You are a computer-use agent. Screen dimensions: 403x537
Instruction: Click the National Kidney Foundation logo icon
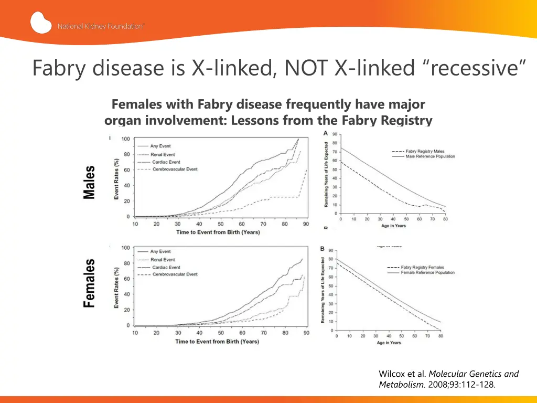click(x=41, y=23)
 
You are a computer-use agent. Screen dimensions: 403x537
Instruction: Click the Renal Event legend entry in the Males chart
click(x=163, y=154)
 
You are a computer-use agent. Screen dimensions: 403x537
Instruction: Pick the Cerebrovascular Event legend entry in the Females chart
click(x=175, y=274)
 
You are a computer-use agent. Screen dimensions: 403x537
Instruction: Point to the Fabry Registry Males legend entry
click(x=425, y=151)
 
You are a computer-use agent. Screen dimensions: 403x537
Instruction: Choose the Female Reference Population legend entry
click(x=428, y=273)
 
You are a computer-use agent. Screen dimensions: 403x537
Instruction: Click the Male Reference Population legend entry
click(x=430, y=156)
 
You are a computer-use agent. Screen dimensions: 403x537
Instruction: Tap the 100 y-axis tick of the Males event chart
click(x=126, y=139)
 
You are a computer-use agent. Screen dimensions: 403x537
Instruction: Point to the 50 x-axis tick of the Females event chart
click(x=221, y=333)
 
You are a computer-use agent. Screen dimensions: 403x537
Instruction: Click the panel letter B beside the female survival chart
click(x=323, y=249)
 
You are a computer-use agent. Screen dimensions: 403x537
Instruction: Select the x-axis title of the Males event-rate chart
click(x=218, y=232)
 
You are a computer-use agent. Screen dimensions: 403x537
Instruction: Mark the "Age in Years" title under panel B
click(x=389, y=343)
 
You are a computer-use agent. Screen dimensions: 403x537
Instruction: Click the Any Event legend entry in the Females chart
click(x=160, y=252)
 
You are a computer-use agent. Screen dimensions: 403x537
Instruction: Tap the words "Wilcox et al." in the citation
click(x=402, y=374)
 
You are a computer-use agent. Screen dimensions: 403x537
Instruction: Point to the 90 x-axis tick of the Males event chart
click(x=306, y=224)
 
